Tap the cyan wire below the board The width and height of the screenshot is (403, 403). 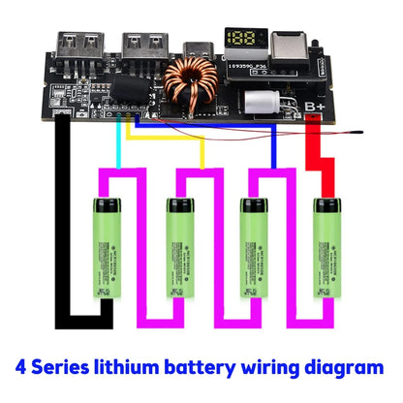118,145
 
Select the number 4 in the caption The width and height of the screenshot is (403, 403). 23,369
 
